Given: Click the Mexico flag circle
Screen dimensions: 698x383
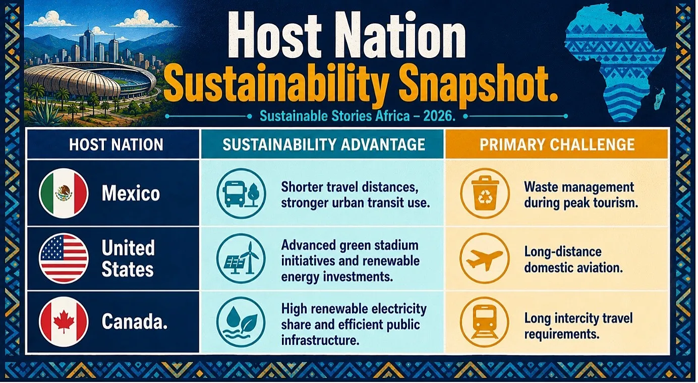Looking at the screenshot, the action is (64, 194).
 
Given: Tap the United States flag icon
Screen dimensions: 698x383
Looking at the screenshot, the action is (64, 259).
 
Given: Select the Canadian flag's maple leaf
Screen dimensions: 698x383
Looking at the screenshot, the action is (64, 321).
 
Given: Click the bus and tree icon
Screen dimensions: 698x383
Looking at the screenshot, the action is (241, 194).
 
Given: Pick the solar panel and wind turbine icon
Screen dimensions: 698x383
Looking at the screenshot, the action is (241, 259).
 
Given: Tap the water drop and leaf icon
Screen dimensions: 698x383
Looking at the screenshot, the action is (241, 322).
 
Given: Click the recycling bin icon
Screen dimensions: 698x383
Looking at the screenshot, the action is (485, 194).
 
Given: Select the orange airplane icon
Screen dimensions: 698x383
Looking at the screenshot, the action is (485, 259).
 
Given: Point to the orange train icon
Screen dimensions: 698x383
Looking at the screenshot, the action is (485, 322).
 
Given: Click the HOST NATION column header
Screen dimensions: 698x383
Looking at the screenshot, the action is (116, 145).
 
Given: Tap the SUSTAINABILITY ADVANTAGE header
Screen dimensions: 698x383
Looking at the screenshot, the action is (324, 145).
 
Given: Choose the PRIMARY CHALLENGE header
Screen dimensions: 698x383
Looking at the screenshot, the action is (557, 145).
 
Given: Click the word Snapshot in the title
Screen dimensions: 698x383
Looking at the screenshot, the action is (478, 84).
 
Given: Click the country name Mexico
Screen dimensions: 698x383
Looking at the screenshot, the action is (131, 193).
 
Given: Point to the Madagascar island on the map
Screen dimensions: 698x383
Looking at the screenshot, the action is (659, 98).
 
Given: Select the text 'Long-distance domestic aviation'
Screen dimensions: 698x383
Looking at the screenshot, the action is (573, 260).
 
